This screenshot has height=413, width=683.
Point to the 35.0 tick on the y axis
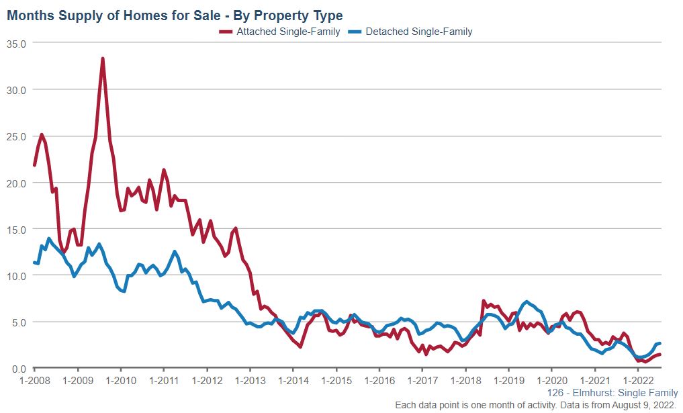click(x=15, y=43)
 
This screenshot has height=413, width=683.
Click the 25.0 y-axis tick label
click(x=15, y=136)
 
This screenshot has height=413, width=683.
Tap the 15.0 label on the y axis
click(x=15, y=229)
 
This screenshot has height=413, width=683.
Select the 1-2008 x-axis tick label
click(x=35, y=380)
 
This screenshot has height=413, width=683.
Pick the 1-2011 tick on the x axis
click(x=164, y=380)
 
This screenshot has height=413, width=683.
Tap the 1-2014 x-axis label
click(x=293, y=380)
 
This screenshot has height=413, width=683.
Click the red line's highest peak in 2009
click(x=103, y=58)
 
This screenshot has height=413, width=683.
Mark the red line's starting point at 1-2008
click(x=35, y=165)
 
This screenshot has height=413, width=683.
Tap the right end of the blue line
click(x=659, y=344)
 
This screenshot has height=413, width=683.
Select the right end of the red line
click(x=659, y=355)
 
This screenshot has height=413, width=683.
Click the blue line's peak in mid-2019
click(x=527, y=302)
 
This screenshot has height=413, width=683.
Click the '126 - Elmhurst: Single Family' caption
click(x=612, y=393)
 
